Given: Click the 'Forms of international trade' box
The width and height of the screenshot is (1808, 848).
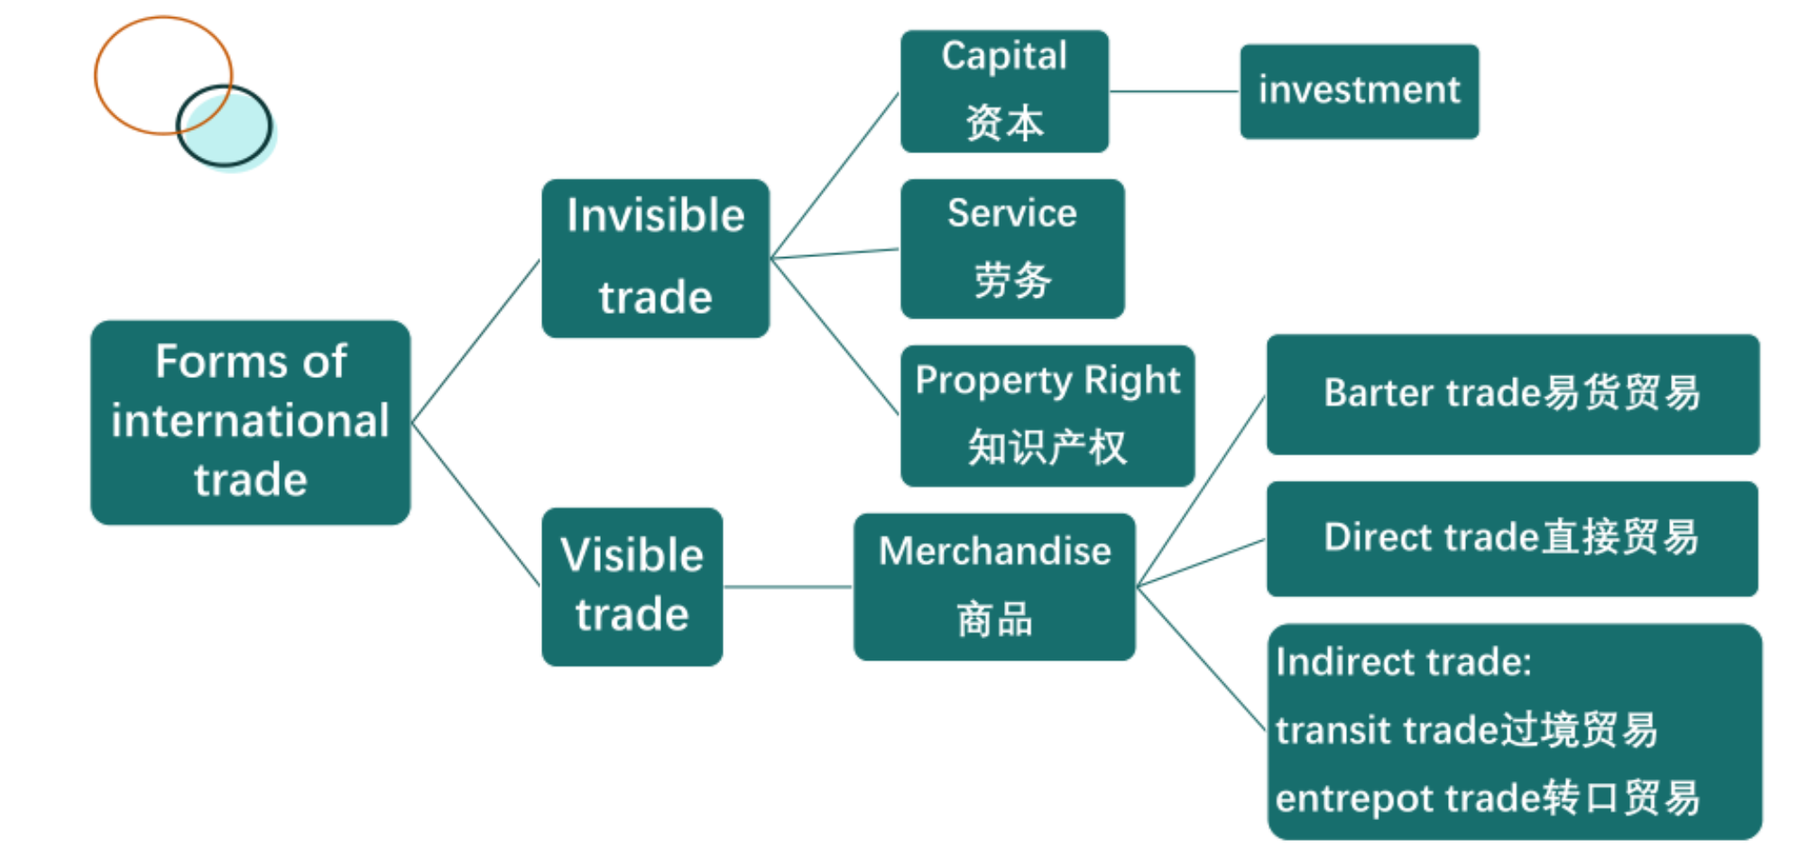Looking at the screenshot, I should (250, 421).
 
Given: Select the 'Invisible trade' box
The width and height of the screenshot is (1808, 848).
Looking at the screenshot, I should (655, 258).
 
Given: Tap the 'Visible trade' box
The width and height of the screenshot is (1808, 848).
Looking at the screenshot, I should (632, 586).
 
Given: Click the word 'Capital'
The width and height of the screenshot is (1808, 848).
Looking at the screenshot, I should (1004, 56).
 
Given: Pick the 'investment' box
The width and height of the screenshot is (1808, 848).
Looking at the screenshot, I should (1359, 91).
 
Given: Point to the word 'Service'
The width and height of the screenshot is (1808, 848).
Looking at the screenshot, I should (1011, 214).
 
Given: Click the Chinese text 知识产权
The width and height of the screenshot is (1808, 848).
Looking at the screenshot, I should (1047, 447).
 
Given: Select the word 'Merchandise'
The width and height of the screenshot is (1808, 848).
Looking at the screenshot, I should (994, 551).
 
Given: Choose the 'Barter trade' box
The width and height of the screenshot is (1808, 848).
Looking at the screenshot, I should (1512, 394).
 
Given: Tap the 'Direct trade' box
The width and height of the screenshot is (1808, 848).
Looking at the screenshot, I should (1512, 539).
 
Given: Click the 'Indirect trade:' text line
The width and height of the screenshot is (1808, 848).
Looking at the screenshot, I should (1404, 662).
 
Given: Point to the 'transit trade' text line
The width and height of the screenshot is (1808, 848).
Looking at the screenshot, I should (1466, 730).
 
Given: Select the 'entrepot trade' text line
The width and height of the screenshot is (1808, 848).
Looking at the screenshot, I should (1487, 798).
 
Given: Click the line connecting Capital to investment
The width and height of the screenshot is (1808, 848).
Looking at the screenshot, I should (1174, 91).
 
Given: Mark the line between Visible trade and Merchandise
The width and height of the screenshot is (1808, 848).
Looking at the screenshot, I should (788, 587).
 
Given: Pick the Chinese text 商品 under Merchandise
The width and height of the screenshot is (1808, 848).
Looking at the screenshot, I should (994, 621).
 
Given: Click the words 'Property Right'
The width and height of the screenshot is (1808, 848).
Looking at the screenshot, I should (1047, 381).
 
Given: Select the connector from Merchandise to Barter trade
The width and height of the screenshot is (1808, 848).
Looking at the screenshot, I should (1201, 492).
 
